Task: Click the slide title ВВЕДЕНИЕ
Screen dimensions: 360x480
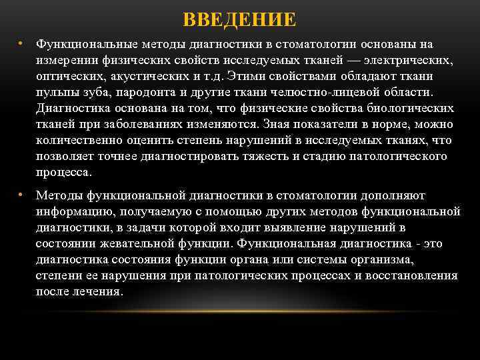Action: click(x=239, y=19)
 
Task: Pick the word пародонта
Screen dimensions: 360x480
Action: click(x=140, y=93)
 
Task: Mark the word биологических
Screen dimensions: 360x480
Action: click(x=413, y=109)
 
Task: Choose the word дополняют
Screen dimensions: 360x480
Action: click(x=397, y=196)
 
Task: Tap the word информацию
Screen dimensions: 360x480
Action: click(x=73, y=212)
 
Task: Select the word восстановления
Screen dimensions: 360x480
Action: click(x=414, y=276)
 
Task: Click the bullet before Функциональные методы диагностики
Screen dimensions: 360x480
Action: click(x=21, y=44)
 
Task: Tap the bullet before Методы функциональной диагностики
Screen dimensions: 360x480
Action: click(x=21, y=195)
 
